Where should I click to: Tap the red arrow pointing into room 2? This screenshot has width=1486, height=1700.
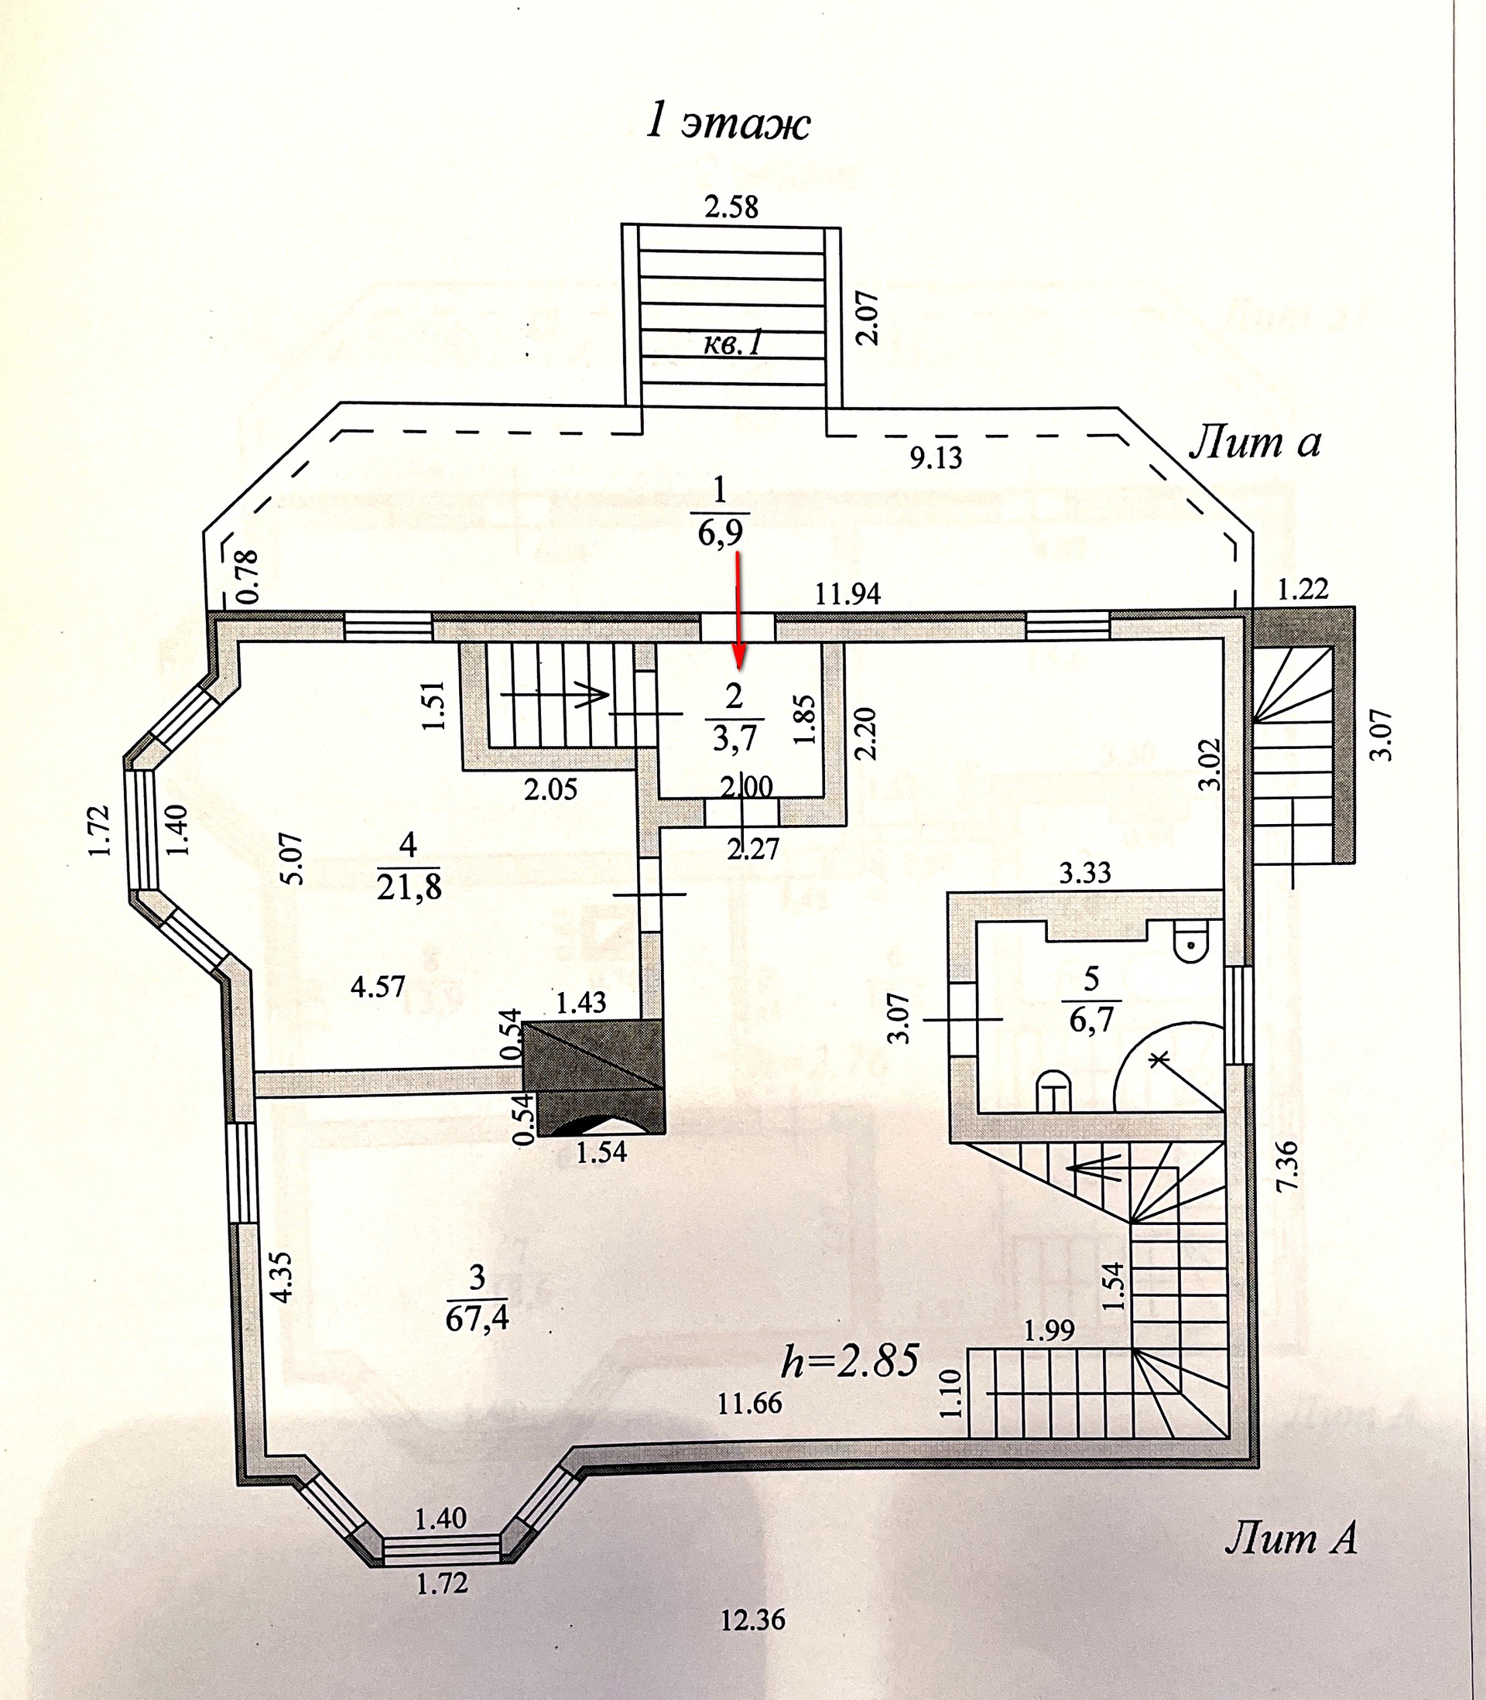point(739,613)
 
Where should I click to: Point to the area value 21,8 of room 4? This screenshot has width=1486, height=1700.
point(409,888)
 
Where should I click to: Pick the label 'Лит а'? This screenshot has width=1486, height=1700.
point(1255,445)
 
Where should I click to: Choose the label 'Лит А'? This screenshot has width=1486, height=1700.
point(1290,1539)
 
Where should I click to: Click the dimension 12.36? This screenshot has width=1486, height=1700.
point(753,1642)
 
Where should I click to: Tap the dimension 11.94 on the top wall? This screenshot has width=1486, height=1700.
point(847,593)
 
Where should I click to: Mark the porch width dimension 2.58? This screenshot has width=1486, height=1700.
point(731,207)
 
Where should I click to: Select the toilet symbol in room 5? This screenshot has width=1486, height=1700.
point(1193,944)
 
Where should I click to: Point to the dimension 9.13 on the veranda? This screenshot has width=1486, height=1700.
point(936,457)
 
